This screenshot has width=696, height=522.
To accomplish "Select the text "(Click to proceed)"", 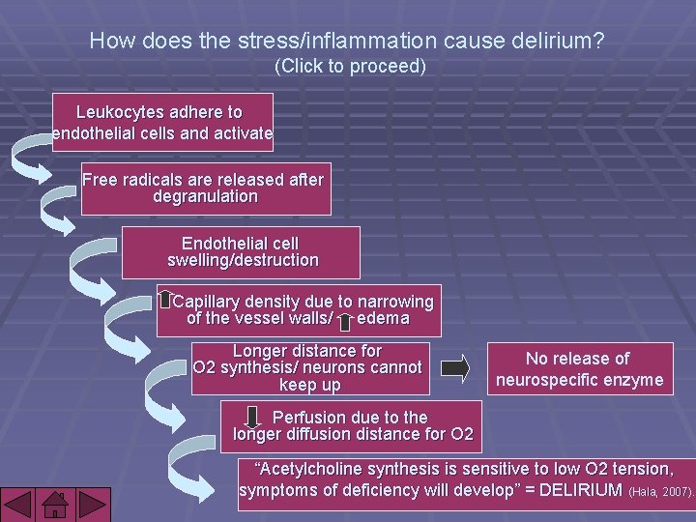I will point(350,67).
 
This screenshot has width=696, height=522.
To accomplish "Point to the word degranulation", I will point(206,196).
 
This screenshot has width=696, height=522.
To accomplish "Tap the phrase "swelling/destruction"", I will point(243,260).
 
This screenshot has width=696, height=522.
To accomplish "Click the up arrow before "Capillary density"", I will point(165,301).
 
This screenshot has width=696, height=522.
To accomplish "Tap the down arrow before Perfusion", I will point(254,418).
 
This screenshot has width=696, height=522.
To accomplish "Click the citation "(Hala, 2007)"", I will point(661,491).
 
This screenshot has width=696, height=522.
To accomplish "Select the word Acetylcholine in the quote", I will point(310,469).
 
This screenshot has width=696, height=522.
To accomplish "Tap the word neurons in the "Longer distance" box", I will point(341,367).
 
